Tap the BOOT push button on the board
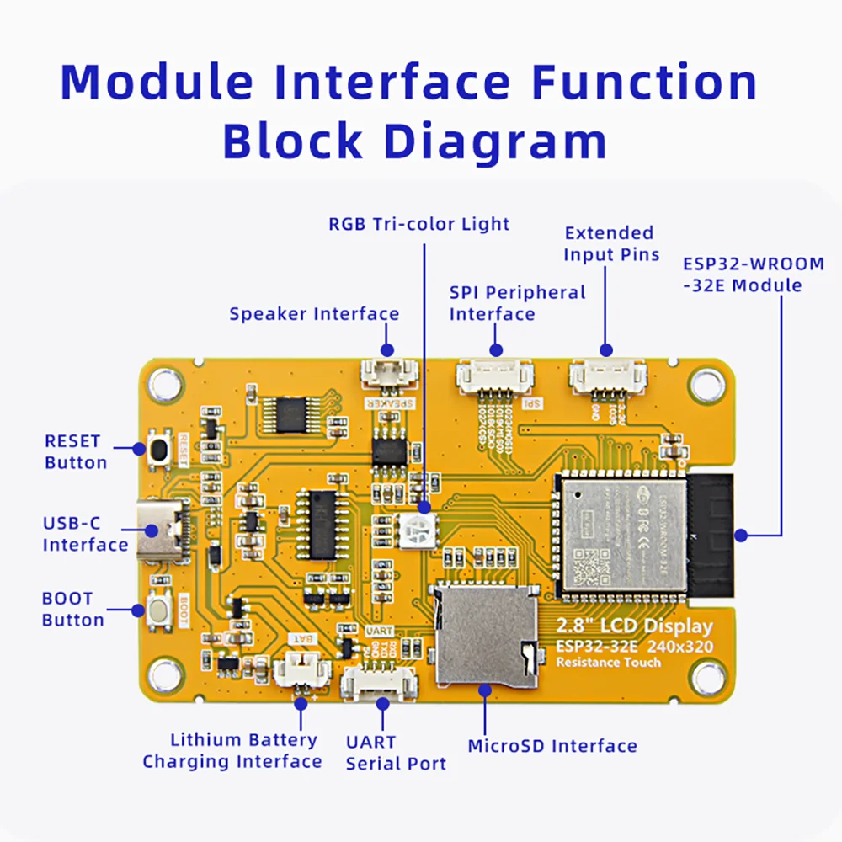pos(157,610)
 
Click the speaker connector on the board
pos(389,373)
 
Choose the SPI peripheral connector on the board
pos(495,376)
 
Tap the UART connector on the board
pos(378,681)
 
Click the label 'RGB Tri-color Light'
pos(418,224)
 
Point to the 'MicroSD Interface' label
pos(552,746)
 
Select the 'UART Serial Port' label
pos(395,754)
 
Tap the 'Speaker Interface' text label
pos(314,314)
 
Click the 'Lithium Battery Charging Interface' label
pos(232,751)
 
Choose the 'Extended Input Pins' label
pos(610,243)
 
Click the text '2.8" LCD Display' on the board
pos(634,626)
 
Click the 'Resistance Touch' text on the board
pos(608,663)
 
